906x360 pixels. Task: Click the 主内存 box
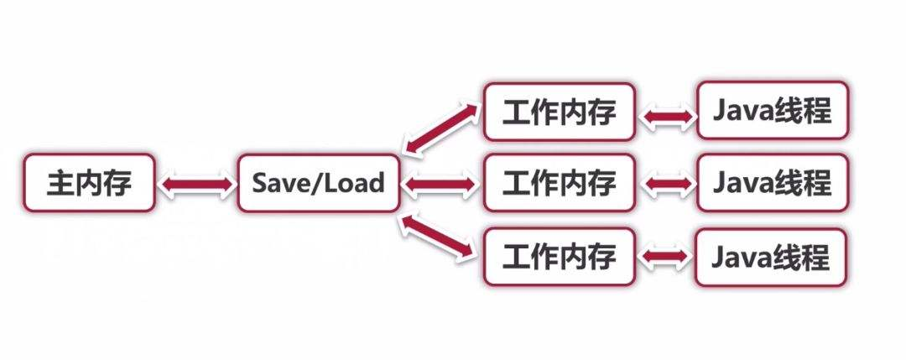pos(89,182)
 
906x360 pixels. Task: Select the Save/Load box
pos(318,182)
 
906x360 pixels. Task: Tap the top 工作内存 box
pos(558,112)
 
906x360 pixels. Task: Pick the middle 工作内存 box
pos(558,182)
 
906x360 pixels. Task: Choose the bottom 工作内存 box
pos(558,256)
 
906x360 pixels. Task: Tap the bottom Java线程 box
pos(771,256)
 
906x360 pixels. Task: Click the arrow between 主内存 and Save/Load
pos(196,184)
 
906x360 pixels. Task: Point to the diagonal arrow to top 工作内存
pos(441,128)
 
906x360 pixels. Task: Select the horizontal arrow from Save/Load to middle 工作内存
pos(442,184)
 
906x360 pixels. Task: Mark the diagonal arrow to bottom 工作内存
pos(440,237)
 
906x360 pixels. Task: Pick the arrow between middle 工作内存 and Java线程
pos(666,184)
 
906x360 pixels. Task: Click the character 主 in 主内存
pos(60,182)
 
